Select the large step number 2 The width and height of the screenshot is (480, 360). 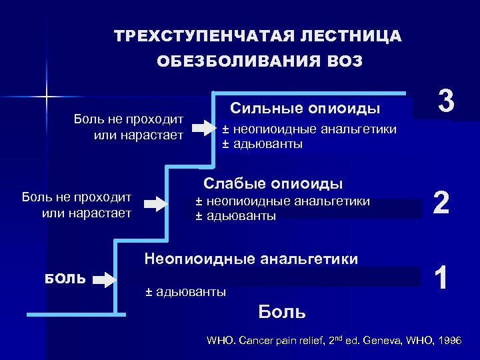coord(441,201)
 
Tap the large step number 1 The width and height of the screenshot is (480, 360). coord(441,276)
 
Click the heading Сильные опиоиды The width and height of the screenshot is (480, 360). coord(305,108)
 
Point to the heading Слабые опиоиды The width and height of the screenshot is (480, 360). coord(273,183)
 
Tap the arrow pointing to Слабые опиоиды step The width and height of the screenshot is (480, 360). coord(158,203)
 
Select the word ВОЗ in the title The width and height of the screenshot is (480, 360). coord(345,61)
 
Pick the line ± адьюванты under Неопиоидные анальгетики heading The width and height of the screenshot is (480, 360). coord(185,291)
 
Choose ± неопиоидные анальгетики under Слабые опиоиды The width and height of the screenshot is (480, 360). coord(282,201)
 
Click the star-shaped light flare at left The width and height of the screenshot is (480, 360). coord(47,97)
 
